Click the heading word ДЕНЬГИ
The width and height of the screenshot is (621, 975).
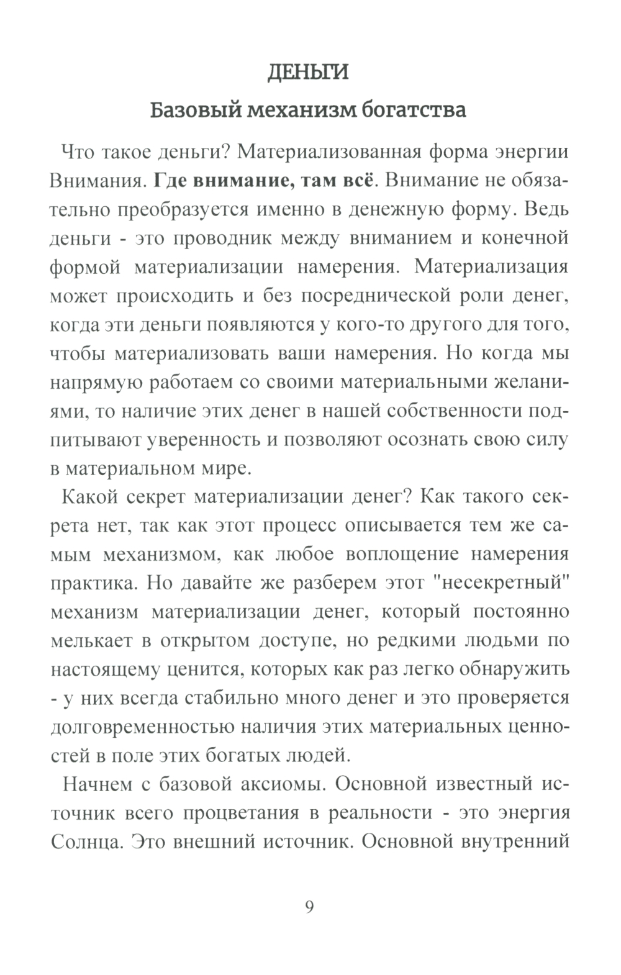point(307,72)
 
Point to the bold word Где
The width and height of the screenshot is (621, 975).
point(170,180)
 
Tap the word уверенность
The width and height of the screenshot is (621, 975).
point(204,439)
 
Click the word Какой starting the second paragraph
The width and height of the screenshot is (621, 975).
point(91,496)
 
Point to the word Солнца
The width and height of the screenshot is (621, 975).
point(79,842)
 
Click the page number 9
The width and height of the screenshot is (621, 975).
point(310,907)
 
